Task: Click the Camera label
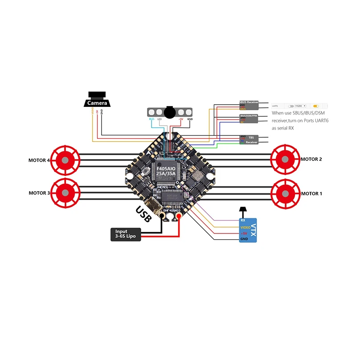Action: [97, 103]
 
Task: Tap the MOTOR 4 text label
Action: [39, 160]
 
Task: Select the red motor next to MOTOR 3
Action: [65, 193]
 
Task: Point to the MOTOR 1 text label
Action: [311, 193]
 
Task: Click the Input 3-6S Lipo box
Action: [126, 234]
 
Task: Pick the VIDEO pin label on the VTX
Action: [245, 227]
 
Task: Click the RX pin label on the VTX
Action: [243, 220]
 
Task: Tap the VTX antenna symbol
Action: [243, 210]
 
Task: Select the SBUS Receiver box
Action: [249, 105]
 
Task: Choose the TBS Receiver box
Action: [249, 139]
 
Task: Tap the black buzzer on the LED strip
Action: [170, 111]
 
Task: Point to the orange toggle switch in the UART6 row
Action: [316, 106]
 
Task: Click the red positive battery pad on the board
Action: [179, 217]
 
